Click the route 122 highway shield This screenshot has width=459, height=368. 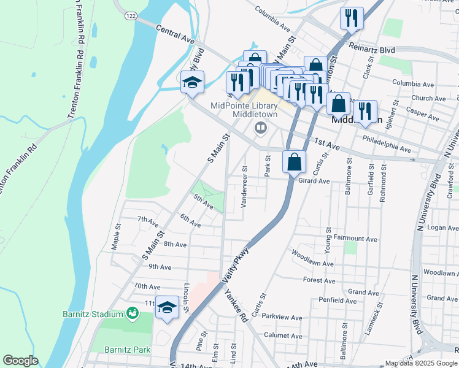pyautogui.click(x=129, y=15)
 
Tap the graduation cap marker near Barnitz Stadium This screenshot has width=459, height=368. pyautogui.click(x=167, y=307)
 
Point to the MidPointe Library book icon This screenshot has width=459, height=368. pyautogui.click(x=260, y=128)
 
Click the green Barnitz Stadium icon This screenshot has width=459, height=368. pyautogui.click(x=132, y=314)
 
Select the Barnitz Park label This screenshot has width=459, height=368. pyautogui.click(x=131, y=350)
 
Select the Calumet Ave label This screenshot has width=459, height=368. pyautogui.click(x=283, y=335)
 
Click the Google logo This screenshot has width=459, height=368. pyautogui.click(x=20, y=361)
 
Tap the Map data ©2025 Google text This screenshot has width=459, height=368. pyautogui.click(x=420, y=363)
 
